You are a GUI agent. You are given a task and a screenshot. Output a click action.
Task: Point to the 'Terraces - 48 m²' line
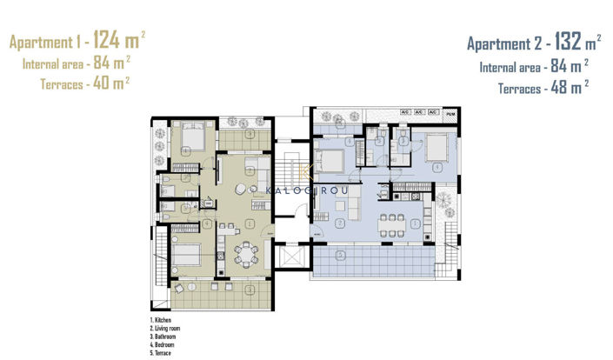543,87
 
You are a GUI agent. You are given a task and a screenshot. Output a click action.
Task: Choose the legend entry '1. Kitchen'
162,319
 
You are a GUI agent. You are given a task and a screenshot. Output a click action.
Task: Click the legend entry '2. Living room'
166,326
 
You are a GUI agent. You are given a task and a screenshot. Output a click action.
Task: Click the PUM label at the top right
450,113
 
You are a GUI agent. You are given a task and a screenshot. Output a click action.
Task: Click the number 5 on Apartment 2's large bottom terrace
341,254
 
